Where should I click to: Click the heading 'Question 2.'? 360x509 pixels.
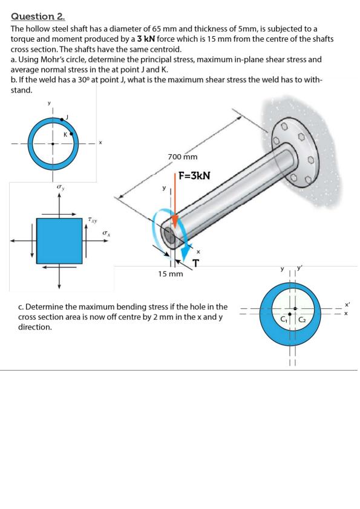38,16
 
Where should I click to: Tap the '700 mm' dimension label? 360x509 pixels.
183,157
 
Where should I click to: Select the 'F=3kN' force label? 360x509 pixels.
195,176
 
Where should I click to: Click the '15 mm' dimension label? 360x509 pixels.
171,274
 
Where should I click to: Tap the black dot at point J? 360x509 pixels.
62,120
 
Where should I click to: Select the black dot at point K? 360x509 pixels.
72,133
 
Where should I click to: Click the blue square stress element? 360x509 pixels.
59,241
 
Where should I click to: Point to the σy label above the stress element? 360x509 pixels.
59,187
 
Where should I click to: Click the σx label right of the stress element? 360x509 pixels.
105,233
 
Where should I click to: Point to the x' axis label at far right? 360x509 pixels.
347,305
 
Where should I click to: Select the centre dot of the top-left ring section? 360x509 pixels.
53,143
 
